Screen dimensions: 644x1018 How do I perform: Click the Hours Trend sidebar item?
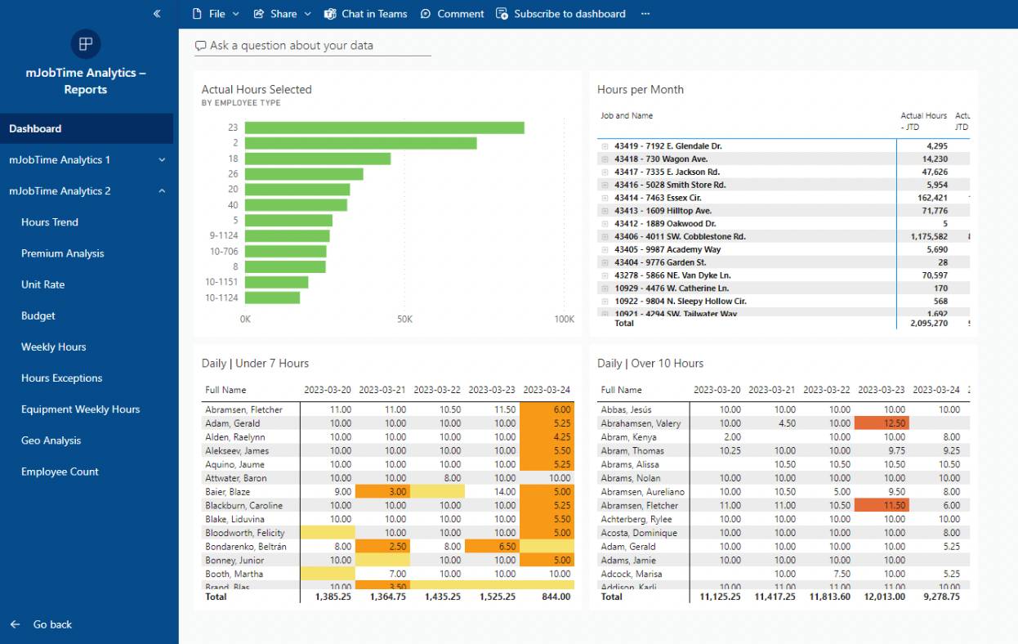click(x=50, y=222)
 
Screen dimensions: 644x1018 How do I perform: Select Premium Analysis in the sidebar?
click(x=63, y=253)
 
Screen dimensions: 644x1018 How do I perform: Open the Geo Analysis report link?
click(x=51, y=441)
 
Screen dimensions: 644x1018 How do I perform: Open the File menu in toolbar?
click(x=216, y=14)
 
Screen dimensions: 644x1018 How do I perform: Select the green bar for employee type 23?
click(x=384, y=127)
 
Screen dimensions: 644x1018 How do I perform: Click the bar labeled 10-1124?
click(x=272, y=297)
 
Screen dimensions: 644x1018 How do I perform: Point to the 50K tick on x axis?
click(x=404, y=320)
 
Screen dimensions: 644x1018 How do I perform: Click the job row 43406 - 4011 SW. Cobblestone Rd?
click(x=680, y=237)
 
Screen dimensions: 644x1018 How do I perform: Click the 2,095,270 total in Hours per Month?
click(x=928, y=324)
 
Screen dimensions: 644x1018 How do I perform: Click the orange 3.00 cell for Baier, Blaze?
click(x=382, y=492)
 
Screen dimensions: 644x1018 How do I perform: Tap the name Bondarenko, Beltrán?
click(x=246, y=547)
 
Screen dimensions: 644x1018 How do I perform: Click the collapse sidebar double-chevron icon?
click(x=157, y=14)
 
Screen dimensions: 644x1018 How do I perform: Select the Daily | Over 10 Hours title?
click(x=650, y=364)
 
